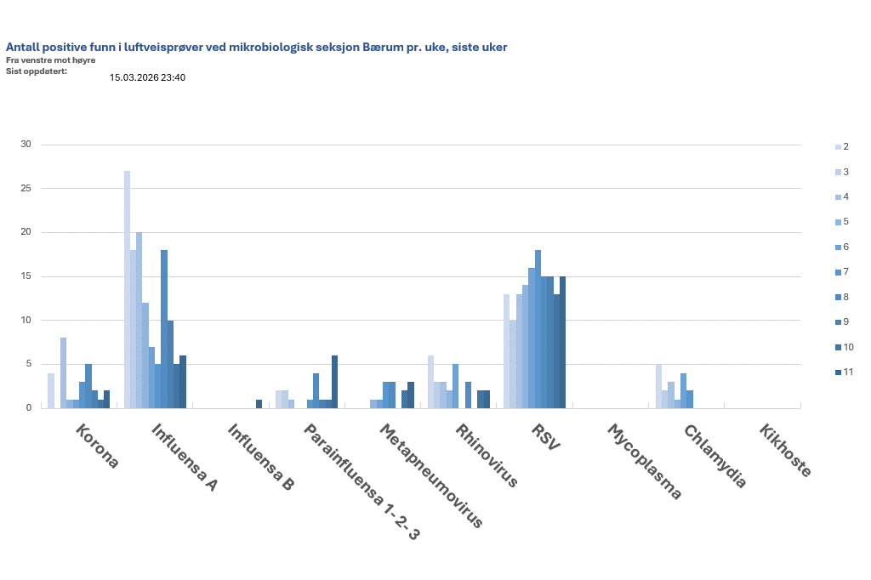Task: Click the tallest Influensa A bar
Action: [x=127, y=289]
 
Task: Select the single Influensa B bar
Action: [x=259, y=404]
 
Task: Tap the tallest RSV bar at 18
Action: [x=538, y=329]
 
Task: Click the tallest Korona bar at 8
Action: [x=63, y=372]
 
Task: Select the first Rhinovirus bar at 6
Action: [x=430, y=382]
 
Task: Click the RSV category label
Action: [x=545, y=439]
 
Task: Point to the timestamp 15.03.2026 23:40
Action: [x=147, y=77]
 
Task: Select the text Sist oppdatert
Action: [x=36, y=70]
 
